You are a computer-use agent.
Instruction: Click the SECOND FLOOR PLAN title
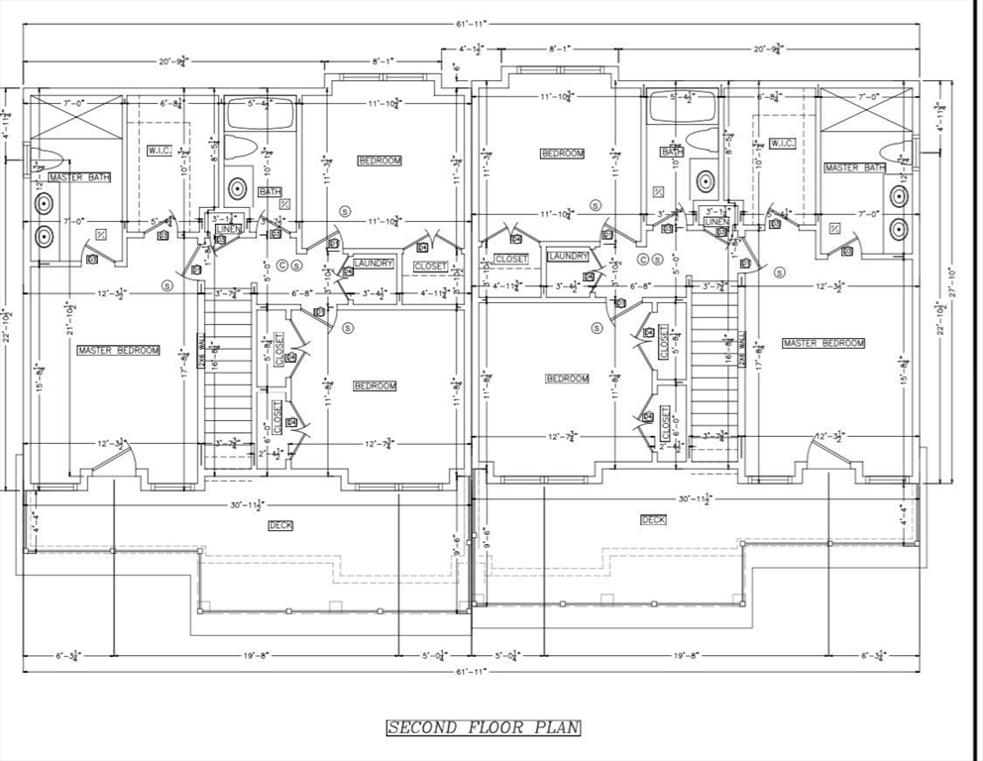click(483, 728)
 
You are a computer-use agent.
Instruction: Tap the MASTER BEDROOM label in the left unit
click(118, 350)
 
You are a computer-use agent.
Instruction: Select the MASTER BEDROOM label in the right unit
click(823, 343)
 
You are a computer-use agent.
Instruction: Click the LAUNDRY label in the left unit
click(374, 264)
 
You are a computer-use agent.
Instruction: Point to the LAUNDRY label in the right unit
click(568, 257)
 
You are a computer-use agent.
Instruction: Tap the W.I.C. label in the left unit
click(160, 150)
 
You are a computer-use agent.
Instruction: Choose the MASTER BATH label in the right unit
click(855, 167)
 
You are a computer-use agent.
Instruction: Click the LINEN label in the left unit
click(229, 229)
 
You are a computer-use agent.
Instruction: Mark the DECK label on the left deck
click(280, 525)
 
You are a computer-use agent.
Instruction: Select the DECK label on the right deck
click(653, 519)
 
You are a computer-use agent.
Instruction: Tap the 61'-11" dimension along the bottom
click(471, 671)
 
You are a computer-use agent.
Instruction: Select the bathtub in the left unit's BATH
click(260, 115)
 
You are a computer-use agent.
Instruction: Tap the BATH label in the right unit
click(672, 152)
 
